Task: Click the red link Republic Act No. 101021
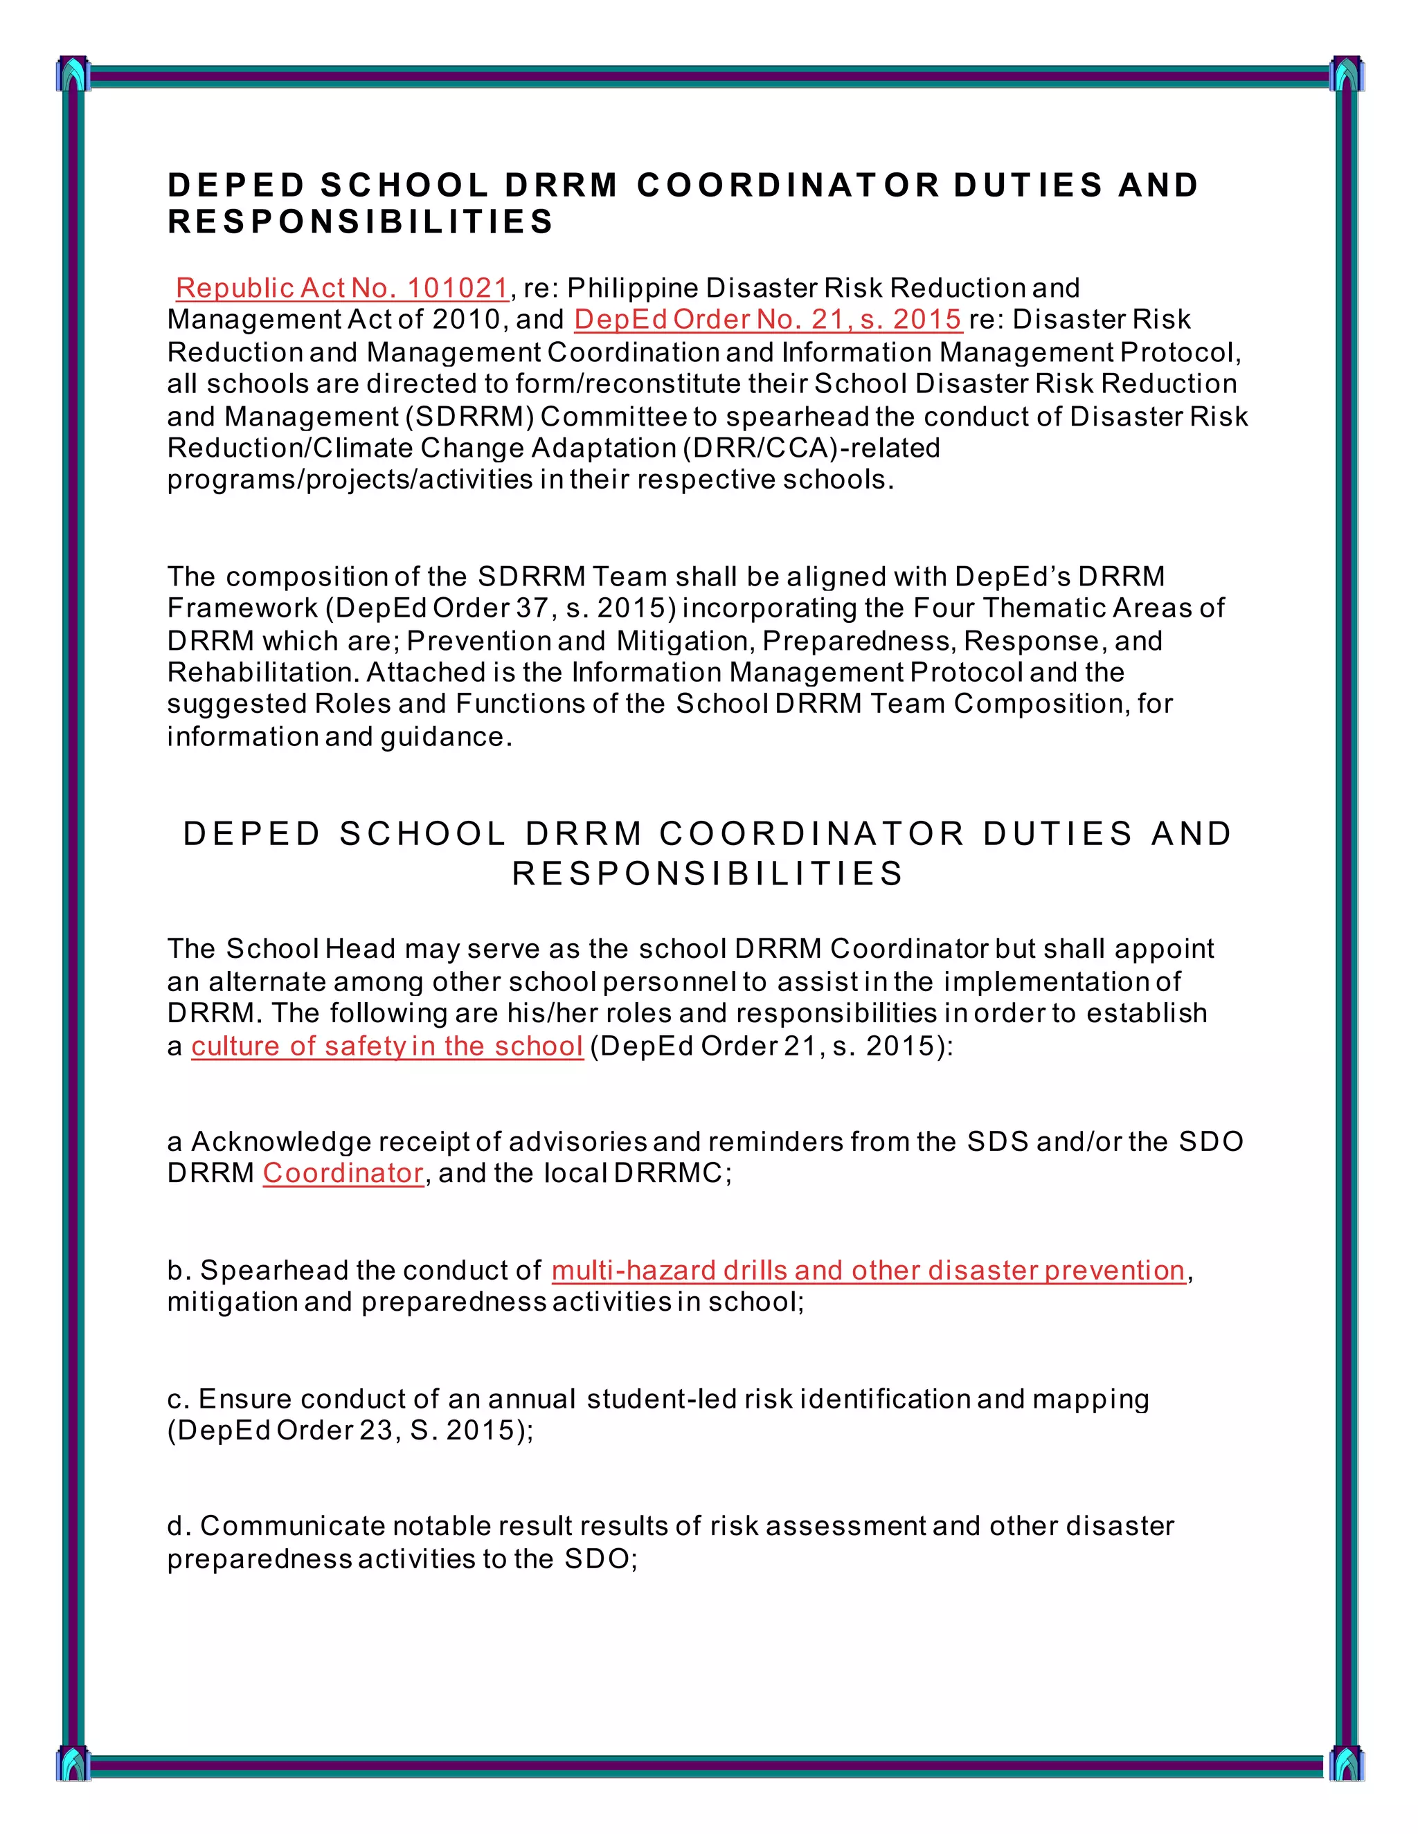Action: click(x=342, y=288)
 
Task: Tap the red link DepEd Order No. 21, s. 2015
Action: click(x=767, y=319)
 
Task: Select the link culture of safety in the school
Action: click(x=386, y=1046)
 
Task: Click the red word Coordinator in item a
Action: click(x=343, y=1172)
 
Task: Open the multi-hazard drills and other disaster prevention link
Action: click(x=868, y=1270)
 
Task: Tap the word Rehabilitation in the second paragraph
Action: click(x=263, y=672)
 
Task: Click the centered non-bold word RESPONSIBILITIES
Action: click(x=708, y=873)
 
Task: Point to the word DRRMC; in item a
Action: click(x=672, y=1172)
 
